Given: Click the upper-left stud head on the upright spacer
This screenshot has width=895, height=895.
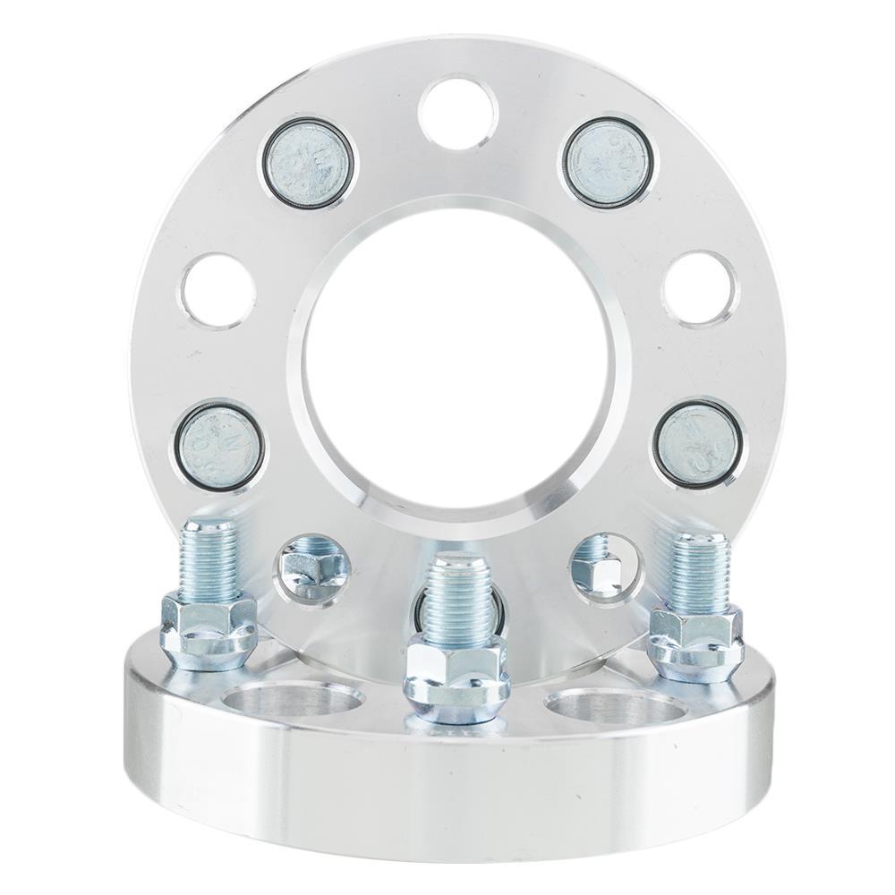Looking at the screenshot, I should click(x=308, y=163).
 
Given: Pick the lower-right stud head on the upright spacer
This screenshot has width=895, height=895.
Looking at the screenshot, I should click(x=697, y=445).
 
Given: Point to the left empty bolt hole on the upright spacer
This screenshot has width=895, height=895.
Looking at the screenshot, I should click(x=217, y=291).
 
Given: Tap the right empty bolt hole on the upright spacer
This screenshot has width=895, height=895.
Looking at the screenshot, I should click(x=701, y=289).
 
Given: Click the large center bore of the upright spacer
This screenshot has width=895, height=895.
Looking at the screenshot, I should click(x=458, y=367).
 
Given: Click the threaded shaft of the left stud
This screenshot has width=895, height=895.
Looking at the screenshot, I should click(x=209, y=559).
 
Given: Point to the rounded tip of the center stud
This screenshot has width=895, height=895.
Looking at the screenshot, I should click(x=457, y=566).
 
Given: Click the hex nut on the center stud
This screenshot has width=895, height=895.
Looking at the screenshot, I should click(x=456, y=680).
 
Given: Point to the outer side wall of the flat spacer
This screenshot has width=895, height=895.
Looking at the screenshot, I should click(x=447, y=788).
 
